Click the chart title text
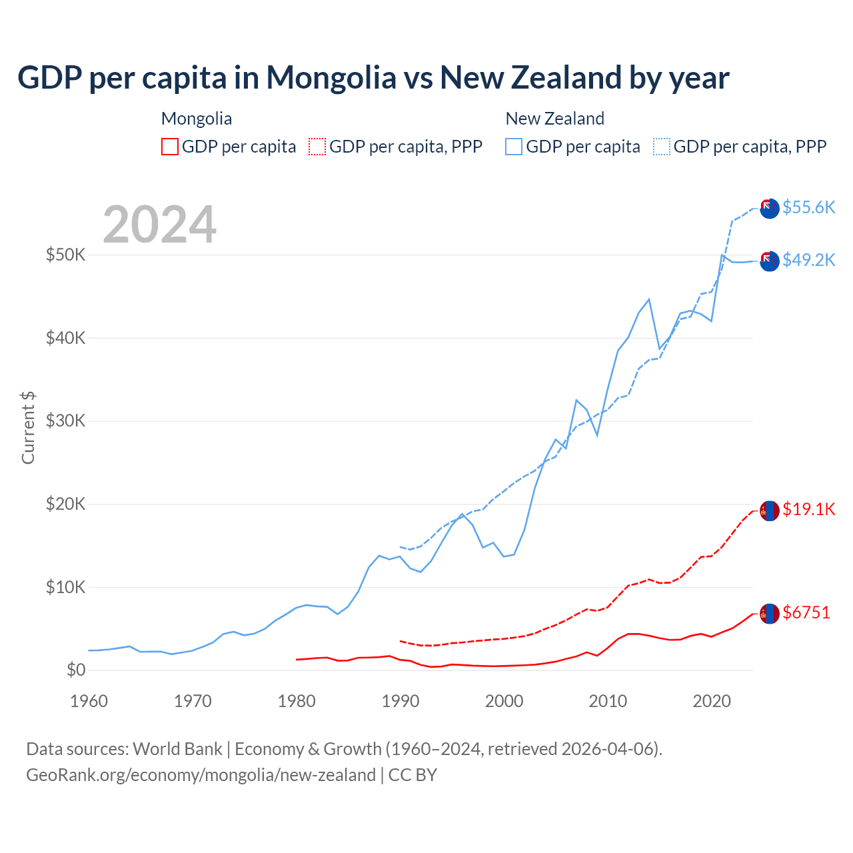point(373,78)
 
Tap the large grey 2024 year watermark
point(159,225)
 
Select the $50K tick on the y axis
point(65,255)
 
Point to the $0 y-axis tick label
point(76,670)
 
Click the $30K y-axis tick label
point(65,421)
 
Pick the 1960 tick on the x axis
point(89,701)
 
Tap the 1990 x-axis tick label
point(401,701)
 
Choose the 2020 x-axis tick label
point(712,701)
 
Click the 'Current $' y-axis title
point(28,427)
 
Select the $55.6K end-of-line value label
point(808,207)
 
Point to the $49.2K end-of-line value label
point(808,260)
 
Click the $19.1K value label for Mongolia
point(808,510)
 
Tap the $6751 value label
point(806,612)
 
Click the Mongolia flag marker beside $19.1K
point(770,510)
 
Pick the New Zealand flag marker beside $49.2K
point(770,261)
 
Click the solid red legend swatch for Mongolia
point(170,147)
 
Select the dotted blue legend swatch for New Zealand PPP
point(662,147)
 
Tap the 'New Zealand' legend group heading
point(554,119)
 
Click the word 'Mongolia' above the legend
point(197,119)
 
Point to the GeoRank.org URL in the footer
point(201,775)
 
